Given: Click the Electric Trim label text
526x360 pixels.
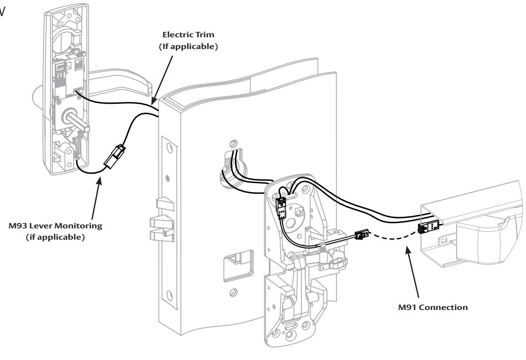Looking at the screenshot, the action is (x=188, y=40).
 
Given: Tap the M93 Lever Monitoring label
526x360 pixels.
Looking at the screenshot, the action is (x=55, y=231).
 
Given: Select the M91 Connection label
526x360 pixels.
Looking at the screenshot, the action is (x=433, y=307).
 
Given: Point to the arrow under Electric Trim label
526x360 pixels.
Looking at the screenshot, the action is (x=163, y=80).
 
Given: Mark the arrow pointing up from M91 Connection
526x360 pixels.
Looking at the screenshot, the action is (x=413, y=271).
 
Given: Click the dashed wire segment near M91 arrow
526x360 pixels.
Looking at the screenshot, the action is (x=393, y=235).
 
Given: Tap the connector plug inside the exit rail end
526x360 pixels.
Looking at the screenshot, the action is (x=429, y=227).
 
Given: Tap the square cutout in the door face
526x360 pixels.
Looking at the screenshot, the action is (x=239, y=266).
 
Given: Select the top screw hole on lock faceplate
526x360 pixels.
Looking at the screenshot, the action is (x=170, y=148).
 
